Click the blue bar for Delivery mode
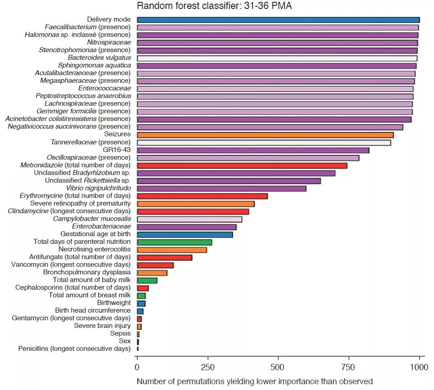pyautogui.click(x=278, y=20)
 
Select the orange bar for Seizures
pyautogui.click(x=265, y=134)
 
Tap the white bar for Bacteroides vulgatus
pyautogui.click(x=277, y=58)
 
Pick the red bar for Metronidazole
pyautogui.click(x=242, y=166)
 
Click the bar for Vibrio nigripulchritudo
pyautogui.click(x=222, y=188)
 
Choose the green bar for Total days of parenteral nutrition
pyautogui.click(x=174, y=242)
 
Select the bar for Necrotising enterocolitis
pyautogui.click(x=172, y=250)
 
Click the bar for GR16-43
pyautogui.click(x=253, y=150)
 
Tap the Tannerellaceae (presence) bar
pyautogui.click(x=264, y=143)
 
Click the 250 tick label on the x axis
pyautogui.click(x=208, y=367)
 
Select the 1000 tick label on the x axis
pyautogui.click(x=419, y=367)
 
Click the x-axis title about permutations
pyautogui.click(x=254, y=381)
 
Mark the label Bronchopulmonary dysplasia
pyautogui.click(x=87, y=273)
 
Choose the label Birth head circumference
pyautogui.click(x=93, y=311)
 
